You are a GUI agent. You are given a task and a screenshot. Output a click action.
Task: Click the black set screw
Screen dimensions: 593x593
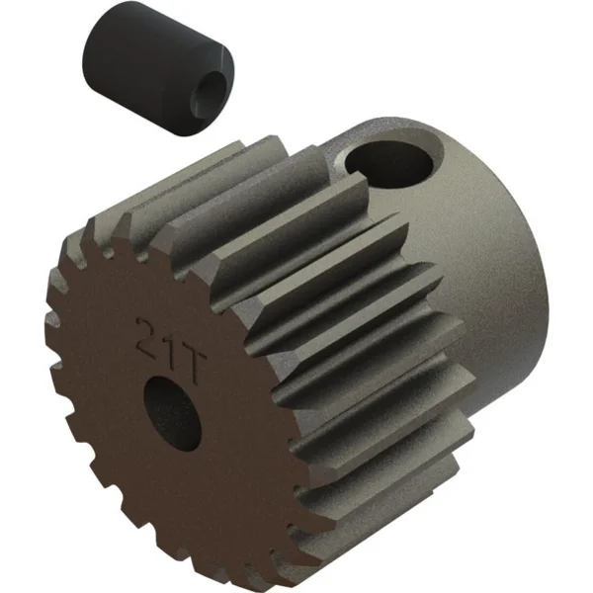(158, 68)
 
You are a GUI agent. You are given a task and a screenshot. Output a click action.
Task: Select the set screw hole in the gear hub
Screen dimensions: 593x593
(388, 164)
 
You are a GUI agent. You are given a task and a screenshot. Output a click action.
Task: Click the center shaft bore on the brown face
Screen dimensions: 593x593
(172, 413)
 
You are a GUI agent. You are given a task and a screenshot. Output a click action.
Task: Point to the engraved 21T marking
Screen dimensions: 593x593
(170, 350)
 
